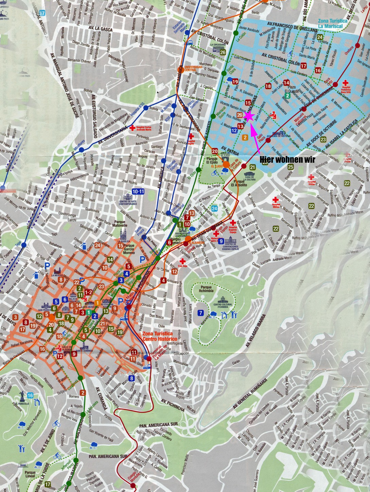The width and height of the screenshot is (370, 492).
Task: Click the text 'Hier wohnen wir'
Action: click(288, 159)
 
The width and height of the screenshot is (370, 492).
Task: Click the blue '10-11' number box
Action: click(138, 191)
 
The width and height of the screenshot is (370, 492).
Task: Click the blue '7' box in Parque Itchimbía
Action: click(201, 312)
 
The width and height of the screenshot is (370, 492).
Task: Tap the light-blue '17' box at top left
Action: click(42, 13)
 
